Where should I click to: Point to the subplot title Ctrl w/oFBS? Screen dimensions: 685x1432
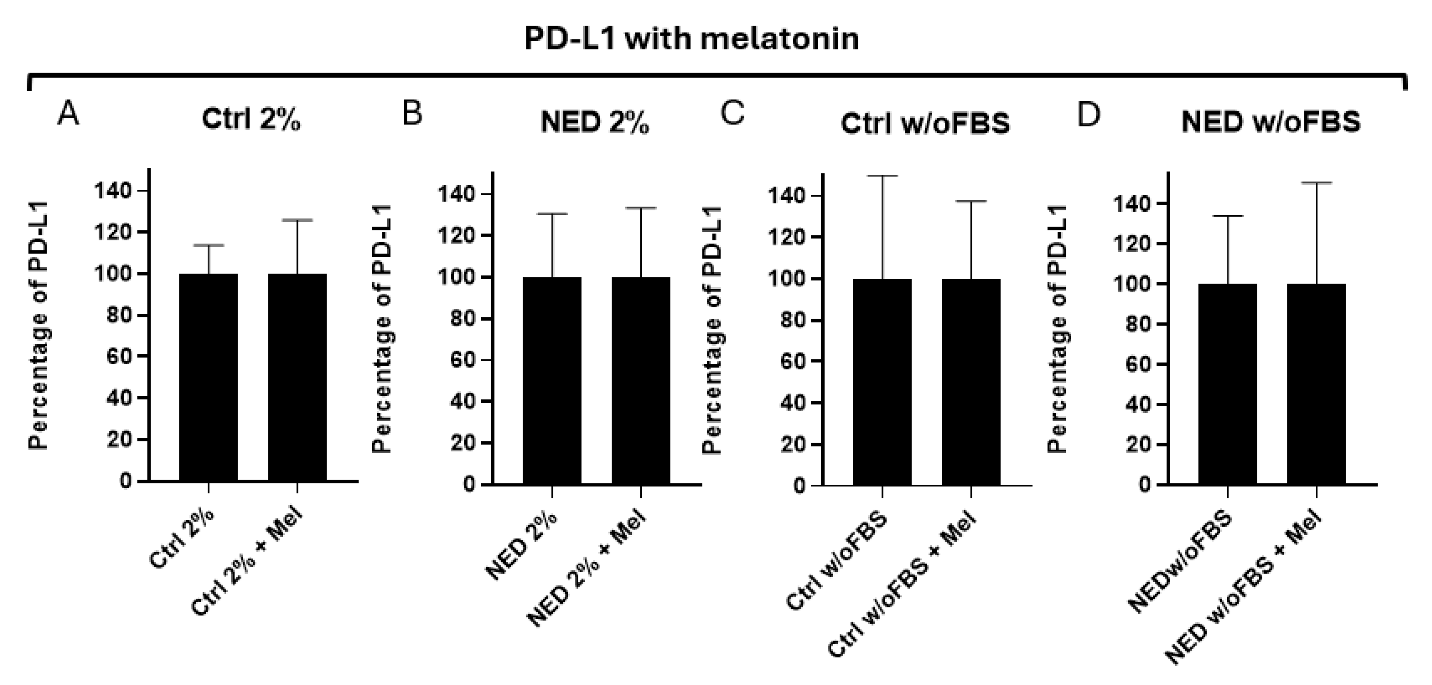tap(925, 123)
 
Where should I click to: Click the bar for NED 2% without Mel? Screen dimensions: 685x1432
tap(552, 380)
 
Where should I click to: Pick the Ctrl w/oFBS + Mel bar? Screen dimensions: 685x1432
tap(971, 382)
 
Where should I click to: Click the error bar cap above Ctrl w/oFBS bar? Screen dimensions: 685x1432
tap(882, 176)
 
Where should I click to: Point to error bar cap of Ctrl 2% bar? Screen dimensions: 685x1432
tap(208, 245)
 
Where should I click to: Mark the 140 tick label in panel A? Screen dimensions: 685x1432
tap(113, 191)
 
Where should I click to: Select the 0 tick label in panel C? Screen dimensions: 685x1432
tap(799, 486)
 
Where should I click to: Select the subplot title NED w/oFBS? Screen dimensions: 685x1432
tap(1271, 122)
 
